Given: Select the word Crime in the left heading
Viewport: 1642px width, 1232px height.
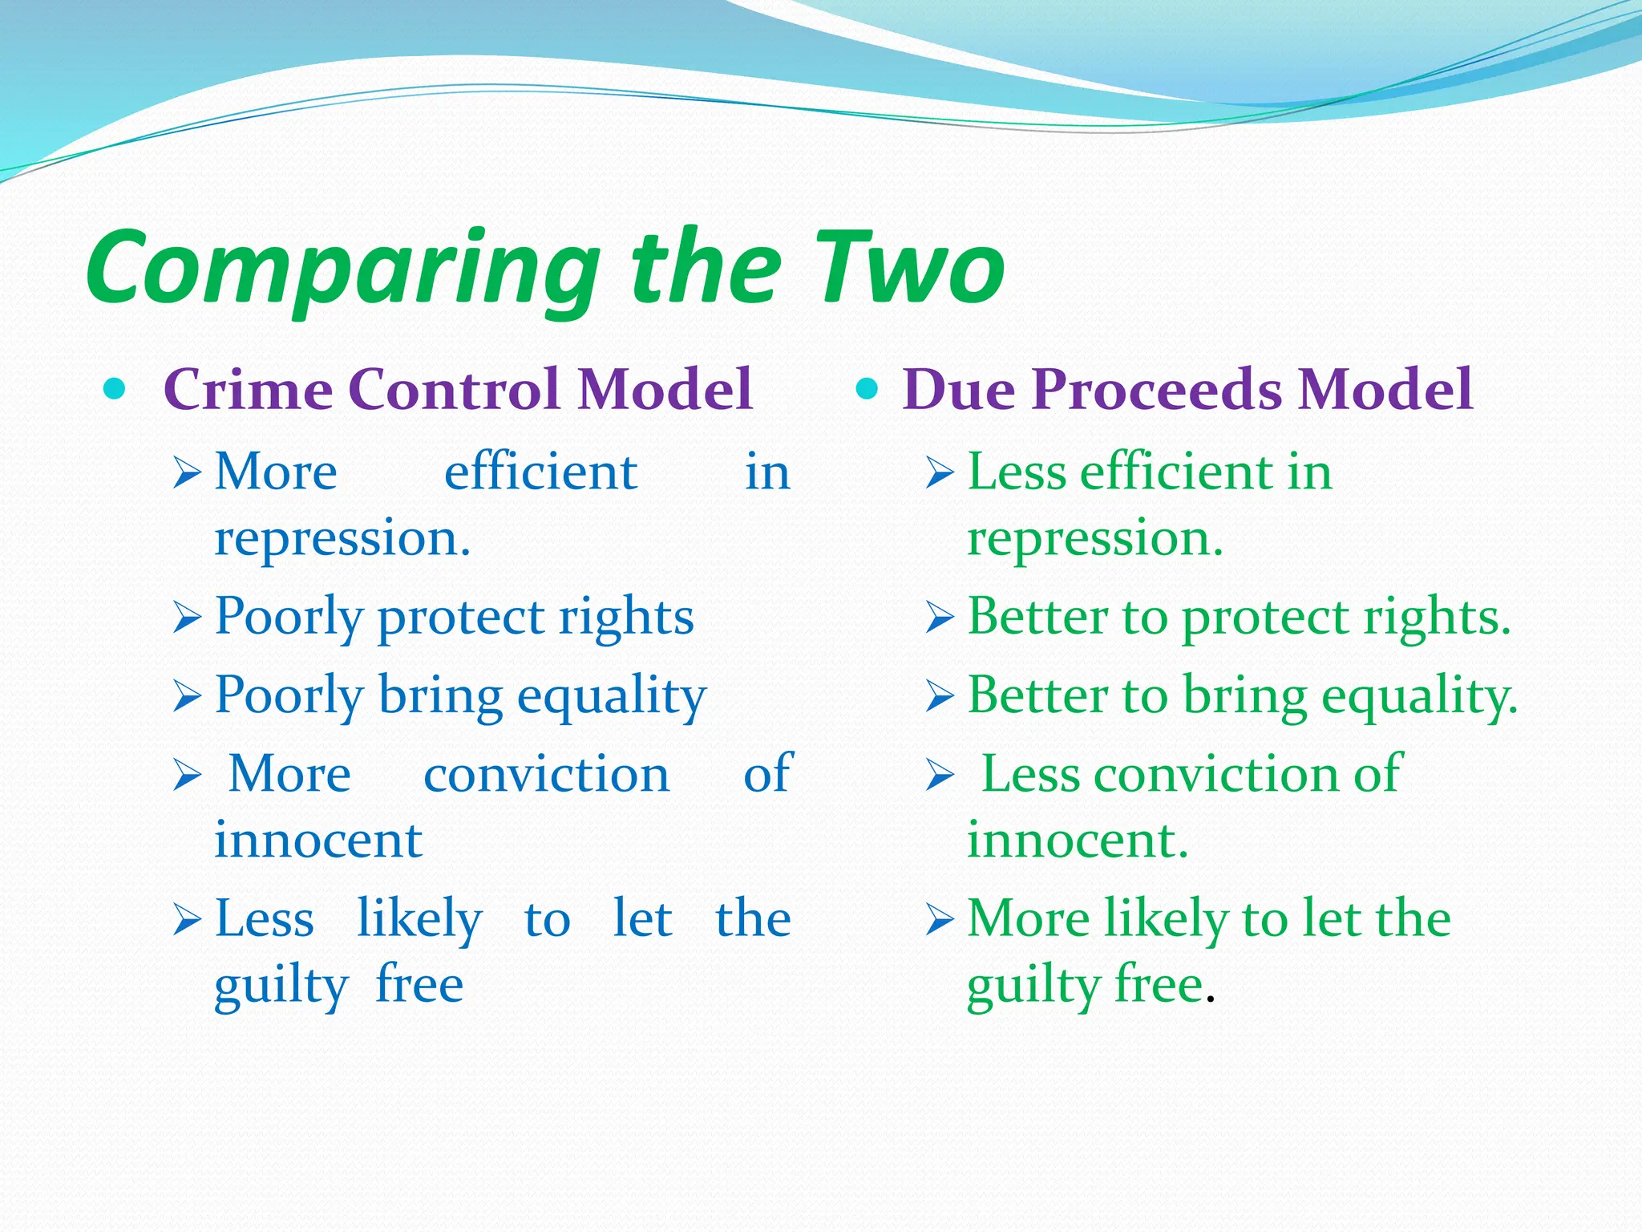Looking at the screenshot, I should pyautogui.click(x=248, y=390).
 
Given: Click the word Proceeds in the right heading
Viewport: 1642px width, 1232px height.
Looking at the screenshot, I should pyautogui.click(x=1163, y=390).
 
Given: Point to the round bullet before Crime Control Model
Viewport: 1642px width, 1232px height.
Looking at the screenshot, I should pyautogui.click(x=115, y=390).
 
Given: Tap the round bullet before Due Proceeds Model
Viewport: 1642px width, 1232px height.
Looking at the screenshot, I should pyautogui.click(x=868, y=390).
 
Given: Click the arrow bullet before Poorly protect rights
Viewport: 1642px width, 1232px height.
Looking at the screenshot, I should pyautogui.click(x=187, y=618).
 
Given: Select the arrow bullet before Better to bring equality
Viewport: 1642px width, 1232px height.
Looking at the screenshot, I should pyautogui.click(x=940, y=696).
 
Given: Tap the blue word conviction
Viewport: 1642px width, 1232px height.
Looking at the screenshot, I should pyautogui.click(x=546, y=775).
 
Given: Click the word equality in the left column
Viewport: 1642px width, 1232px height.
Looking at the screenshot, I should pyautogui.click(x=612, y=696).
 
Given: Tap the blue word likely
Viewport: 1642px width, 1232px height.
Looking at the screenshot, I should pyautogui.click(x=419, y=919).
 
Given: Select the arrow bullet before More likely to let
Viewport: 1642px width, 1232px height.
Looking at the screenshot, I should pyautogui.click(x=940, y=920).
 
